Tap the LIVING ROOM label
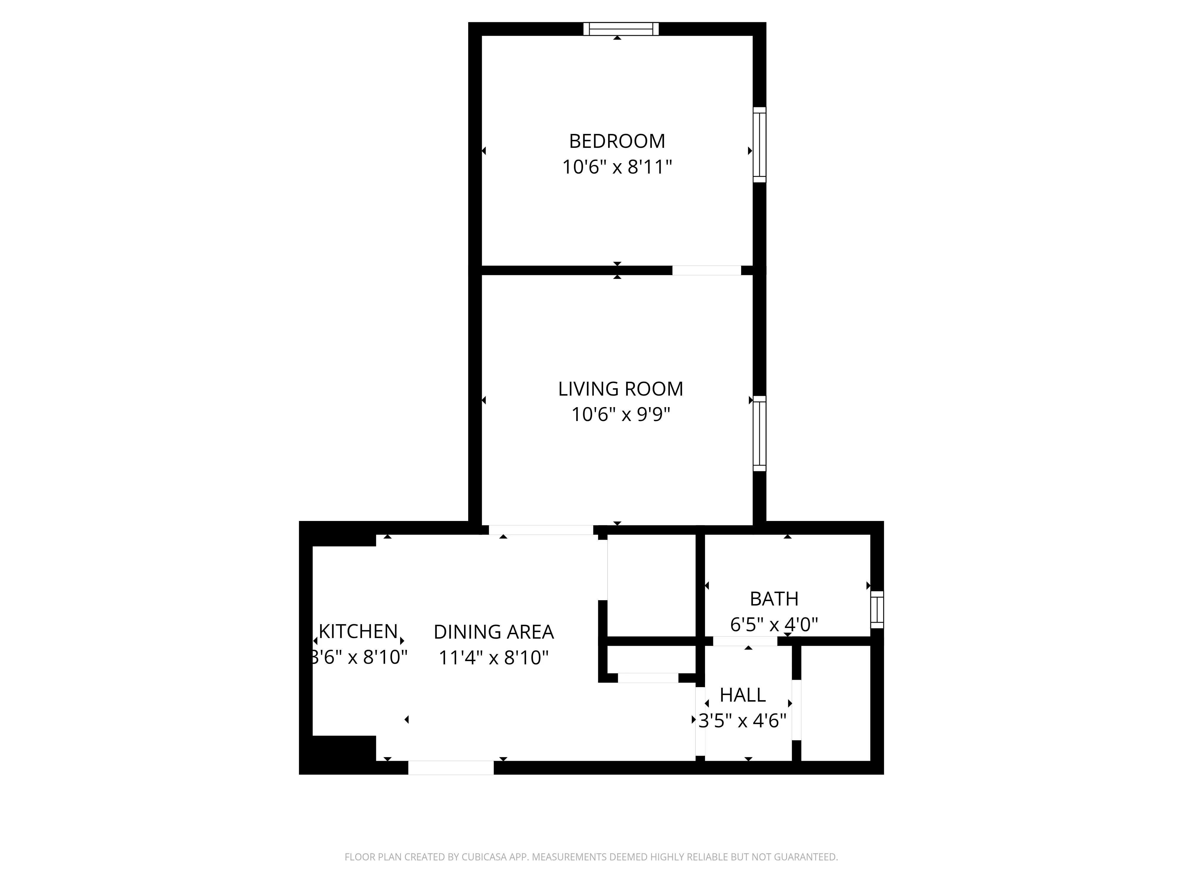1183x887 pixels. coord(620,389)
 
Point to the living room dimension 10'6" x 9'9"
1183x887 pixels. coord(620,414)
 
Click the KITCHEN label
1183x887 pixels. coord(358,632)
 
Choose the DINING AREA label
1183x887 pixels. coord(493,632)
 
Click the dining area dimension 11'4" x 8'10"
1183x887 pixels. coord(493,658)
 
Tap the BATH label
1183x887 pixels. coord(774,599)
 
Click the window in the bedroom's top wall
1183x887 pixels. coord(620,29)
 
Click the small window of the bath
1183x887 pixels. coord(877,609)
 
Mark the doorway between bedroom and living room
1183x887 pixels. coord(707,271)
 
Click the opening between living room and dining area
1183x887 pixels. coord(541,530)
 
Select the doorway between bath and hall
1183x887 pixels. coord(745,641)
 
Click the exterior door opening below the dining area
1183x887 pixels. coord(451,768)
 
